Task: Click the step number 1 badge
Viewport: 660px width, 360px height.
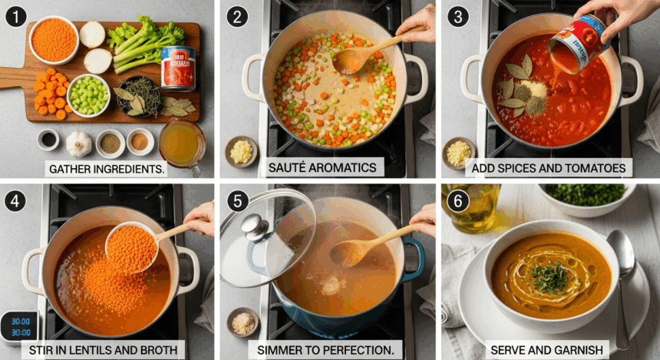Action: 16,16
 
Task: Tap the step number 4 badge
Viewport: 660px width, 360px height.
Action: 16,202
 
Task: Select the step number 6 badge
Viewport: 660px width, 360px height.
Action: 458,201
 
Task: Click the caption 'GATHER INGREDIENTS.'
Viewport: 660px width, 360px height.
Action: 107,168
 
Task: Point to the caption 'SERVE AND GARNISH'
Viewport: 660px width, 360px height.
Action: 546,350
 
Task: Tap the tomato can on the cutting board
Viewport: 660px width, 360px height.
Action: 178,68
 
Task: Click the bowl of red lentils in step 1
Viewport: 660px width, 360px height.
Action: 54,39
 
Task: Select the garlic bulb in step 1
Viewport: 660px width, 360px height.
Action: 78,144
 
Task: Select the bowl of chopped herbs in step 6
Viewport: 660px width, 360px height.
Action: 586,197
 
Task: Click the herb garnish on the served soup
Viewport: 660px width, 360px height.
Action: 549,277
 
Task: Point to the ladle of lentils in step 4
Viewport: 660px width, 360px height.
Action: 132,248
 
